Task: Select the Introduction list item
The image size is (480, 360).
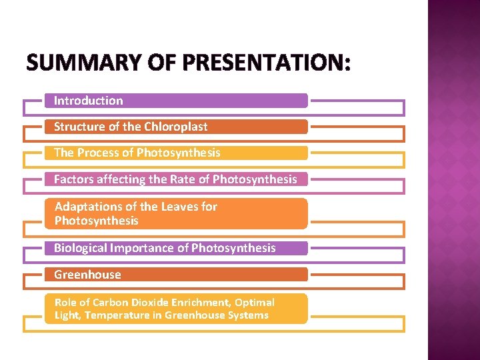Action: pyautogui.click(x=89, y=101)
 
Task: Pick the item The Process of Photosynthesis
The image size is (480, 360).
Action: pyautogui.click(x=137, y=153)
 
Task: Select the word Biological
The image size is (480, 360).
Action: pyautogui.click(x=81, y=248)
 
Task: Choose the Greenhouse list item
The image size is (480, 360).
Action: pyautogui.click(x=87, y=275)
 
